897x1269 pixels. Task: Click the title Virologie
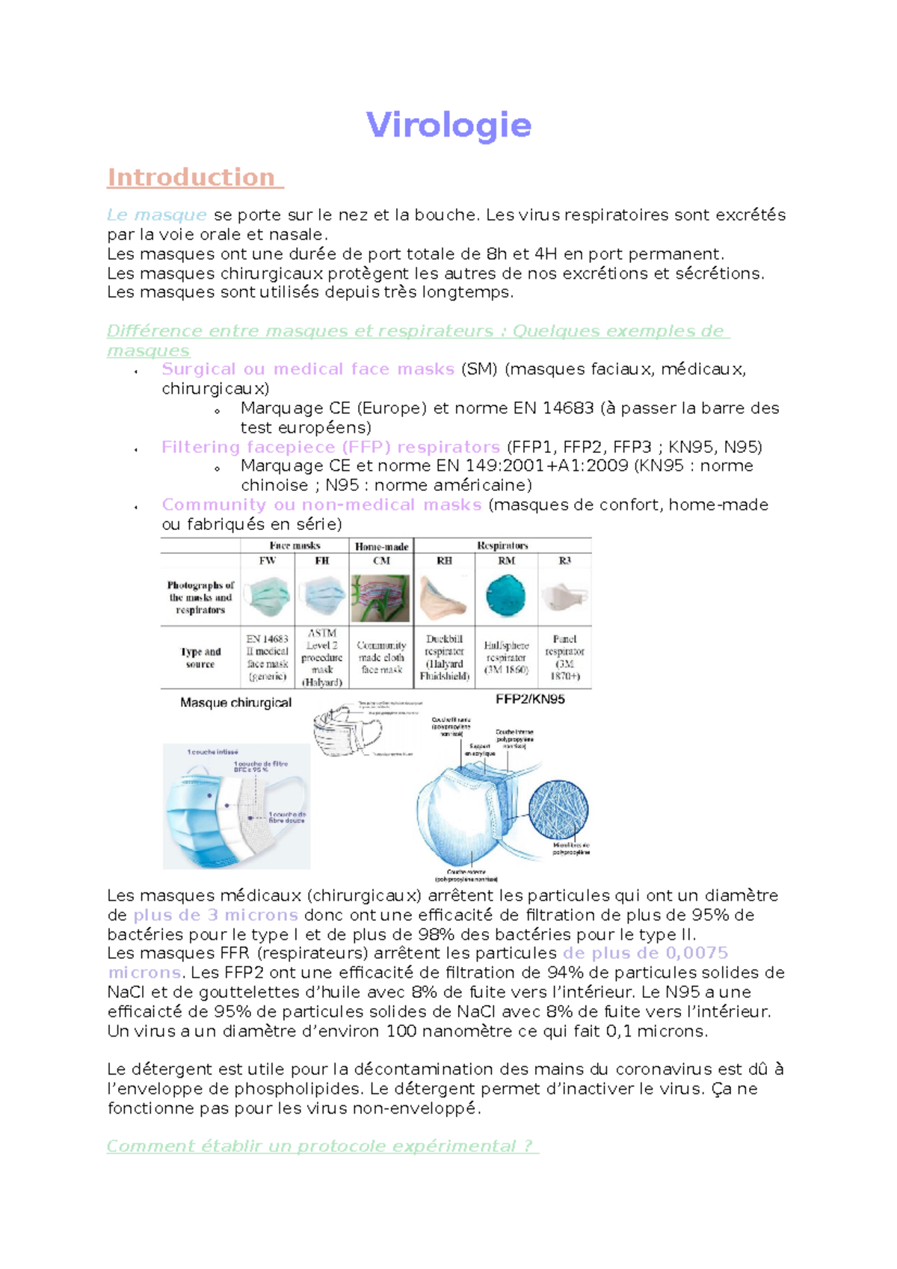[x=449, y=125]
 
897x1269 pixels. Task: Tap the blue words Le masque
[x=156, y=215]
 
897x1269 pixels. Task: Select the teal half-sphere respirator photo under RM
[x=506, y=596]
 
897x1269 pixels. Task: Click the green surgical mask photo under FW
[x=268, y=597]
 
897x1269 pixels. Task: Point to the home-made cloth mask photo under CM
[x=381, y=598]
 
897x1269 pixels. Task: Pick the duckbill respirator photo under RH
[x=444, y=598]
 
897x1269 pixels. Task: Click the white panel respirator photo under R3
[x=564, y=597]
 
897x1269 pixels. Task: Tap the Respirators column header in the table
[x=502, y=546]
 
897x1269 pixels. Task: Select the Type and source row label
[x=200, y=658]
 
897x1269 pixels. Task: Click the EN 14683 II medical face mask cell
[x=268, y=658]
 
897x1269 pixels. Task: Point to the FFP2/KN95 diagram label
[x=530, y=700]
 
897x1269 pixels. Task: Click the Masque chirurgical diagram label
[x=235, y=703]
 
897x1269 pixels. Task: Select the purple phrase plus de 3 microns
[x=216, y=915]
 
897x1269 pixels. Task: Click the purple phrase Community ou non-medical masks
[x=321, y=505]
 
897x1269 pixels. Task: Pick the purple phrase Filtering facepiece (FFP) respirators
[x=330, y=447]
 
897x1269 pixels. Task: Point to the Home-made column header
[x=381, y=546]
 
